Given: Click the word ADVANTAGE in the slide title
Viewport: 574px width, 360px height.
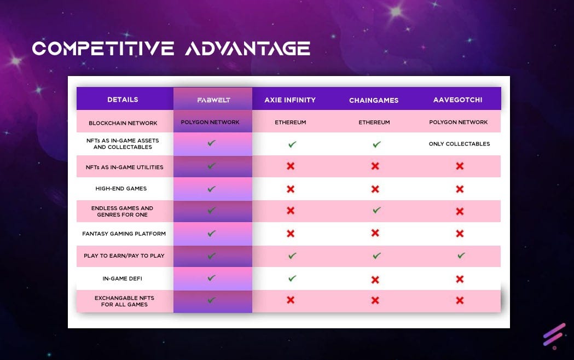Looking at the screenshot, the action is pos(248,48).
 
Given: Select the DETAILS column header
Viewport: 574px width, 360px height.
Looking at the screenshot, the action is pos(123,100).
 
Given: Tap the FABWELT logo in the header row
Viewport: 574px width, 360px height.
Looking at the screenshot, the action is pos(214,100).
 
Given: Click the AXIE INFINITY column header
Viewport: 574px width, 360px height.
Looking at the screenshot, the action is pos(290,100).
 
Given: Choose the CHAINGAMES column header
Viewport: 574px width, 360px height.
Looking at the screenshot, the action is pos(374,100).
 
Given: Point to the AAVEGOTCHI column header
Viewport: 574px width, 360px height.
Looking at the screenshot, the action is pos(457,100).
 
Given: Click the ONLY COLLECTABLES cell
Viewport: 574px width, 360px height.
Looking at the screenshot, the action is pos(460,144).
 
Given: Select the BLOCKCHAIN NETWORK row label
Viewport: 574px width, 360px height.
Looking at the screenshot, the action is pos(123,123).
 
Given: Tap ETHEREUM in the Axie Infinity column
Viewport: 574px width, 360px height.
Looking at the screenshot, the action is pos(291,122).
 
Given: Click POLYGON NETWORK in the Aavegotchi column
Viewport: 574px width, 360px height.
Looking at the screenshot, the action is pos(459,122).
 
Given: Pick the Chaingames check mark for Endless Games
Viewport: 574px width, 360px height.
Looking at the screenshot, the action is pos(376,210).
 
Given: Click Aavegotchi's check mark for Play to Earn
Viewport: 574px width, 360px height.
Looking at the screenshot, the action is pos(461,256).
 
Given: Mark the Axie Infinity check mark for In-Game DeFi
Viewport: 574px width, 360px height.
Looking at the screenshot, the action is pos(292,278).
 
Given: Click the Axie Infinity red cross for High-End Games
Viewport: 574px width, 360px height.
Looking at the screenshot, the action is pos(291,189).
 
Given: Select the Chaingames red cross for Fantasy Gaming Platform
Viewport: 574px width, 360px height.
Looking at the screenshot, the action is pos(375,233).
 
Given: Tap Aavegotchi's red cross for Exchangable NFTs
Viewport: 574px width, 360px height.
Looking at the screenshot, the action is pos(460,300).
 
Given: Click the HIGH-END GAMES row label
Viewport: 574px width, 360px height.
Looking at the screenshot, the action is pos(121,188).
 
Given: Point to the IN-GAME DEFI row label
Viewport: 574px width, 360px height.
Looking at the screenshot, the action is pos(122,278).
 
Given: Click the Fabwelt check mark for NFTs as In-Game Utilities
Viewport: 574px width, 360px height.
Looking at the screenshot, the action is pos(212,166).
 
